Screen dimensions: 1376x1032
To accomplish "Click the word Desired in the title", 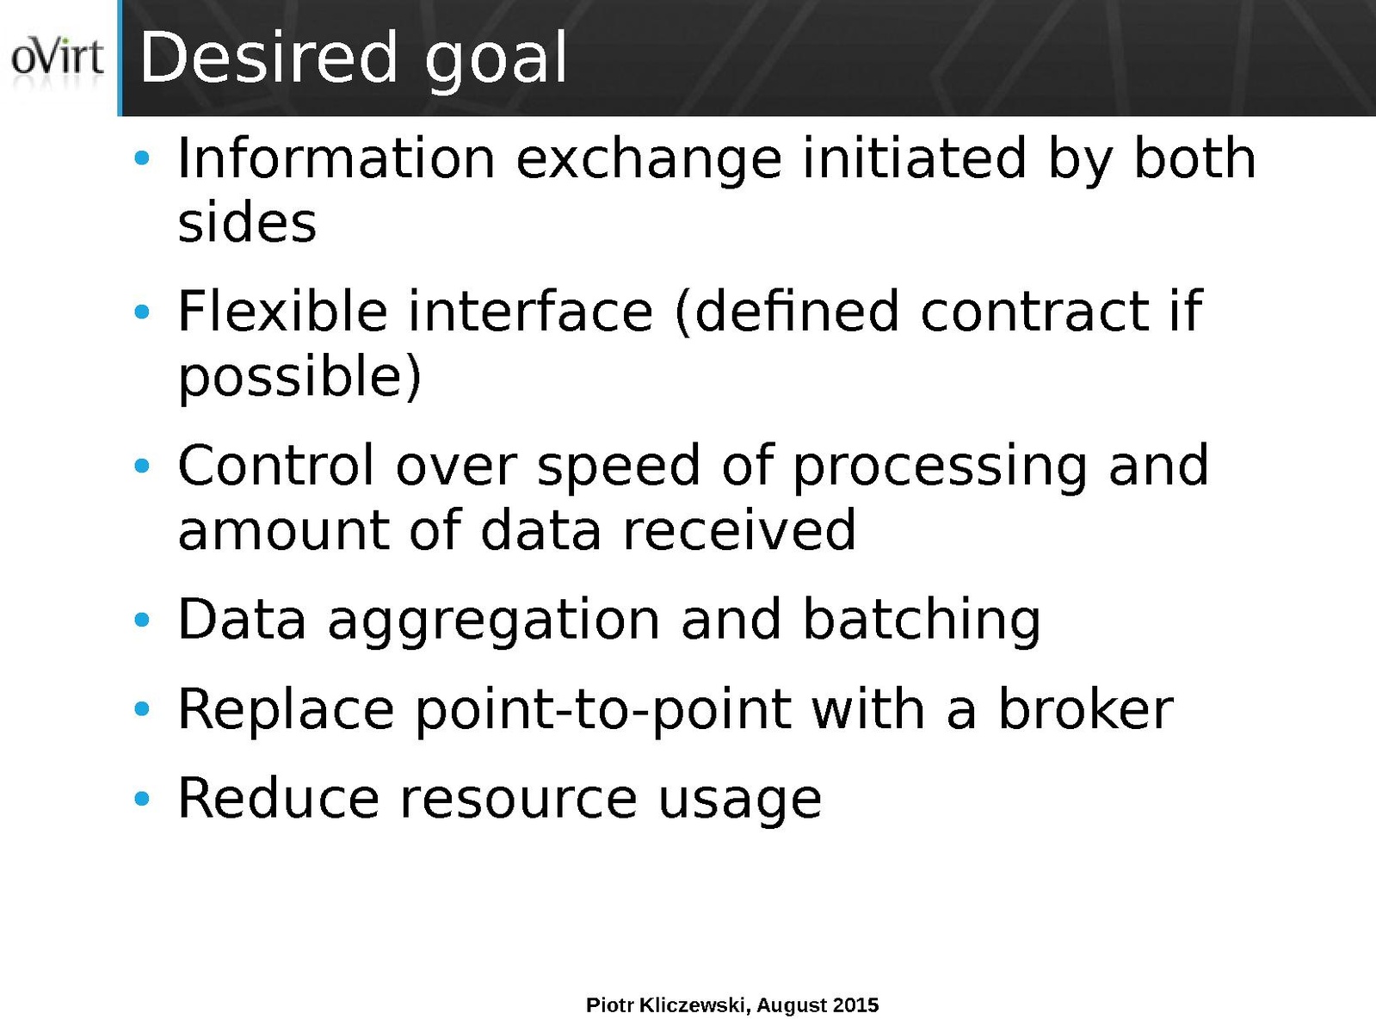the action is click(269, 58).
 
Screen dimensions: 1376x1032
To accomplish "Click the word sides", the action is click(248, 223).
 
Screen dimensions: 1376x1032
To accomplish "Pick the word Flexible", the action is click(283, 312).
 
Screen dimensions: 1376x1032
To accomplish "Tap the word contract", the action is click(1035, 312).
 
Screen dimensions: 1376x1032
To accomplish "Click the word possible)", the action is click(299, 378).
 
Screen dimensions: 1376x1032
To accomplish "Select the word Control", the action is click(276, 466).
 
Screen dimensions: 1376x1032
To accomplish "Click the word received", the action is click(739, 531).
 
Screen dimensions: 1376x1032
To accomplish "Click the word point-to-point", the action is click(604, 713).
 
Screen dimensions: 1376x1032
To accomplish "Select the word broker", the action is click(1085, 709).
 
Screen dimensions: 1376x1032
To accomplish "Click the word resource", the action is click(518, 800).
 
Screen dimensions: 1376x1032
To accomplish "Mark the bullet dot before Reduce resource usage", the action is click(142, 799).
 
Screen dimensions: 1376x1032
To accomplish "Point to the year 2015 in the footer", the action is click(855, 1005).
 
